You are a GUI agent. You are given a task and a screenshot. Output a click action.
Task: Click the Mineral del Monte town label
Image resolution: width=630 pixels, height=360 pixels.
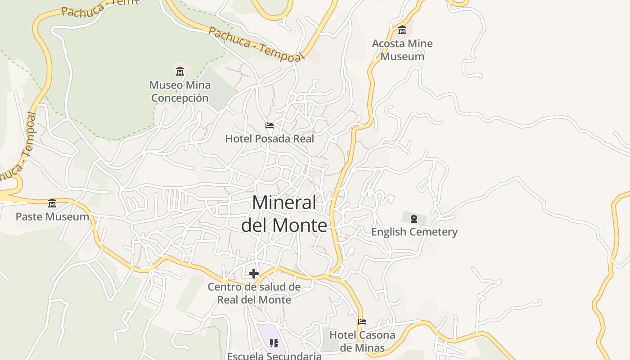click(x=284, y=214)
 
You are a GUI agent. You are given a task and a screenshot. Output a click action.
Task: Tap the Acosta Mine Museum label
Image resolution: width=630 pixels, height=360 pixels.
click(x=402, y=50)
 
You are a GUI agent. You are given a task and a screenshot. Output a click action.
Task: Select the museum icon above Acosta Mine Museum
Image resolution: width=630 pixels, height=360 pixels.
click(x=402, y=30)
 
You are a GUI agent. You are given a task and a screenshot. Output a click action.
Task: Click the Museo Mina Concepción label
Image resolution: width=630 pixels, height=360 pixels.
click(x=180, y=91)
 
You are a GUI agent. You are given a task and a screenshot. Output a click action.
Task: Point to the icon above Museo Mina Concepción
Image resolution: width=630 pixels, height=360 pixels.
click(x=180, y=71)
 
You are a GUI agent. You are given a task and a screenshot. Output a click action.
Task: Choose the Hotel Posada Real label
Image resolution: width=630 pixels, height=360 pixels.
click(x=270, y=139)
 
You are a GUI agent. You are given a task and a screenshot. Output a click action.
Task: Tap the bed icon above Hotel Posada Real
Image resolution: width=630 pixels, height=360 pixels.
click(x=270, y=125)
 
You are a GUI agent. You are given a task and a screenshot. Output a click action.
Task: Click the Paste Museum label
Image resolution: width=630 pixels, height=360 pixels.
click(x=52, y=216)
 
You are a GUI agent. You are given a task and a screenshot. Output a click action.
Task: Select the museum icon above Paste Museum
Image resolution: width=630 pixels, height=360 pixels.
click(x=52, y=203)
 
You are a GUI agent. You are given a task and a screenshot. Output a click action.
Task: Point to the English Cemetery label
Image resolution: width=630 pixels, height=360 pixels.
click(x=414, y=232)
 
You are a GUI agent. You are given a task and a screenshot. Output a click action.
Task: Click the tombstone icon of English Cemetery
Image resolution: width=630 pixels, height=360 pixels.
click(x=414, y=219)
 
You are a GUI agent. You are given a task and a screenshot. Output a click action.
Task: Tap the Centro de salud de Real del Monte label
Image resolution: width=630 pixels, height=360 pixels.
click(x=254, y=293)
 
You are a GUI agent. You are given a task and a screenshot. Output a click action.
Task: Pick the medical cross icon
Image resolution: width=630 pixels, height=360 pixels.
click(x=254, y=273)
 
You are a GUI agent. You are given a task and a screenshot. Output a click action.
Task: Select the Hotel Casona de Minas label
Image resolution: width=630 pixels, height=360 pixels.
click(x=362, y=341)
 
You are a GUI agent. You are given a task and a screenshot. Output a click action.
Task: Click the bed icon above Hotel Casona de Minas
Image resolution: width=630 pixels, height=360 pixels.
click(x=362, y=321)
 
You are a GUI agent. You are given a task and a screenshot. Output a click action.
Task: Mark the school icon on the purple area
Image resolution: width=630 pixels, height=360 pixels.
click(x=274, y=343)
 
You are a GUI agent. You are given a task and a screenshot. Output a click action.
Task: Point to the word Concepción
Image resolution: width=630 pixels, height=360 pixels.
click(x=180, y=98)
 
